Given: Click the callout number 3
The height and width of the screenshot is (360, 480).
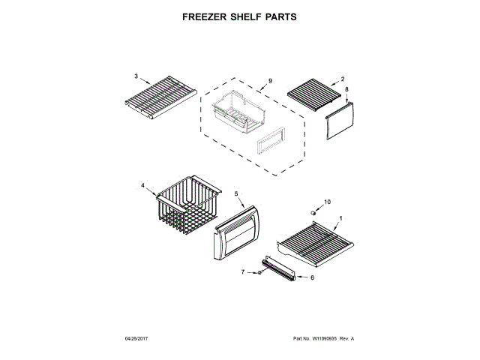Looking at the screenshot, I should click(x=136, y=76).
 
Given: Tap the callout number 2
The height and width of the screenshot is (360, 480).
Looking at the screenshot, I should click(x=343, y=79).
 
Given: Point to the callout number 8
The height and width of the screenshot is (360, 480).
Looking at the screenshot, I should click(x=346, y=90).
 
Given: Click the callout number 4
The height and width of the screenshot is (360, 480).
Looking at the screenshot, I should click(x=142, y=184).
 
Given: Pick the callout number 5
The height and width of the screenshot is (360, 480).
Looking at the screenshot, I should click(x=236, y=193).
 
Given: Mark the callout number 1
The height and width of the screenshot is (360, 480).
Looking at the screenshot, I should click(x=341, y=218).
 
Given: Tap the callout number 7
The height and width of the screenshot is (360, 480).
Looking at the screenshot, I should click(x=242, y=272).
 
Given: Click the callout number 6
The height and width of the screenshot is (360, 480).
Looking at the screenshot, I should click(x=313, y=277).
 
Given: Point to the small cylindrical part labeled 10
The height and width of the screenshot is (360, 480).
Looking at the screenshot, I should click(x=315, y=213).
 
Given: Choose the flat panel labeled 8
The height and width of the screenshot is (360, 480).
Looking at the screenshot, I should click(x=340, y=120).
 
